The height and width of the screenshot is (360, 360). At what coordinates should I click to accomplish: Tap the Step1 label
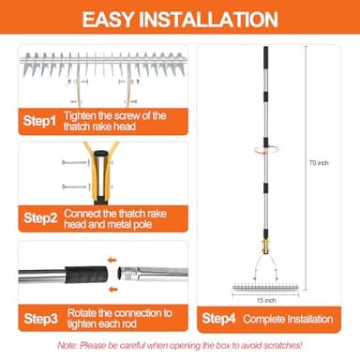pyautogui.click(x=40, y=121)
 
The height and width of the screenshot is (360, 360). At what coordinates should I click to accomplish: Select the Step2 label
pyautogui.click(x=40, y=217)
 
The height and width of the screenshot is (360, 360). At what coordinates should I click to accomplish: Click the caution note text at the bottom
pyautogui.click(x=180, y=347)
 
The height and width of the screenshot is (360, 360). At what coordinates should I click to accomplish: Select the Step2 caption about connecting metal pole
pyautogui.click(x=127, y=217)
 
